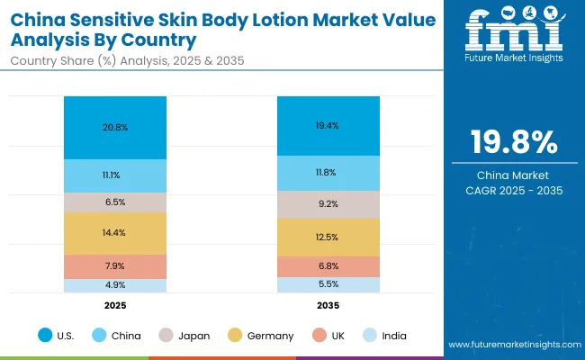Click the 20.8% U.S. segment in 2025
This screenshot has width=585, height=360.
pos(115,128)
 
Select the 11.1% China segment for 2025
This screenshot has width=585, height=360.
pos(115,175)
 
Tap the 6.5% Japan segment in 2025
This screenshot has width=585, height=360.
pos(115,202)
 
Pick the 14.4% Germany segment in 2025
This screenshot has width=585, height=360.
pos(115,233)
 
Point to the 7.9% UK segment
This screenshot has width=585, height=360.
pos(115,266)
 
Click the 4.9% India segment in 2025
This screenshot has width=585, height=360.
pos(115,285)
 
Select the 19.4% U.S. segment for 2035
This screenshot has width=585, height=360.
pos(328,126)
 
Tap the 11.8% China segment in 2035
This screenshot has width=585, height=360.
pos(328,173)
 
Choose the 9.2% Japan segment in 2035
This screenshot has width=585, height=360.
pos(328,204)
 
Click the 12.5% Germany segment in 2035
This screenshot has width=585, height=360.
pos(328,237)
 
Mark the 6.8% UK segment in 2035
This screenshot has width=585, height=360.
pos(328,266)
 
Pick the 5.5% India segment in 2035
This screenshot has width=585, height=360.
pos(328,284)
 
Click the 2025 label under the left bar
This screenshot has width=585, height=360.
pos(115,305)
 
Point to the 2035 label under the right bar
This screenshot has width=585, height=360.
pos(328,305)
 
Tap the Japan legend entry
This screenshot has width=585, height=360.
pos(186,336)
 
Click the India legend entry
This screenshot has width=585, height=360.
pos(384,336)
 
